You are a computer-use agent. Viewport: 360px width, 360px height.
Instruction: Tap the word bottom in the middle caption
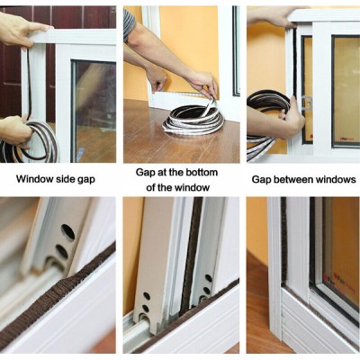[x=202, y=173]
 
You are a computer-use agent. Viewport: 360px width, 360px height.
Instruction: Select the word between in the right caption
[x=291, y=179]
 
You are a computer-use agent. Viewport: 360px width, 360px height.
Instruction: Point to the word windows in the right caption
[x=333, y=179]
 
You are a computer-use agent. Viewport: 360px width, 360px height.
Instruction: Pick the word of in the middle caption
[x=150, y=188]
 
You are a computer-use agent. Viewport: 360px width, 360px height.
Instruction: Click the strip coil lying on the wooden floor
[x=193, y=121]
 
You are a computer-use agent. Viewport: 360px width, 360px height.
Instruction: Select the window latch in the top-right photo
[x=306, y=103]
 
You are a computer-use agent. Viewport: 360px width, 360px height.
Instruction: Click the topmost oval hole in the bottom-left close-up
[x=68, y=232]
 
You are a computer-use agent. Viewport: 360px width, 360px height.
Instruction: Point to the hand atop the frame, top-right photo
[x=272, y=17]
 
